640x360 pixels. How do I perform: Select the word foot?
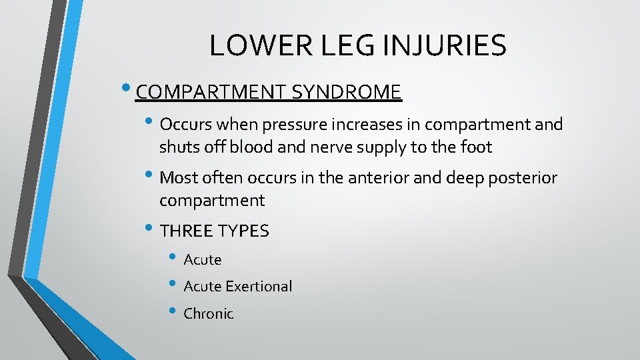[x=475, y=147]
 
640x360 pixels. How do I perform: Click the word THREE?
[x=187, y=231]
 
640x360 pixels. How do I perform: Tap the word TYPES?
[x=243, y=231]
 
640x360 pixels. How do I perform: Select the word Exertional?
[x=259, y=287]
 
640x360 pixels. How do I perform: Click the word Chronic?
[x=209, y=314]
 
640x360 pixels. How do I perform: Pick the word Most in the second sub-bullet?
[x=178, y=178]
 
